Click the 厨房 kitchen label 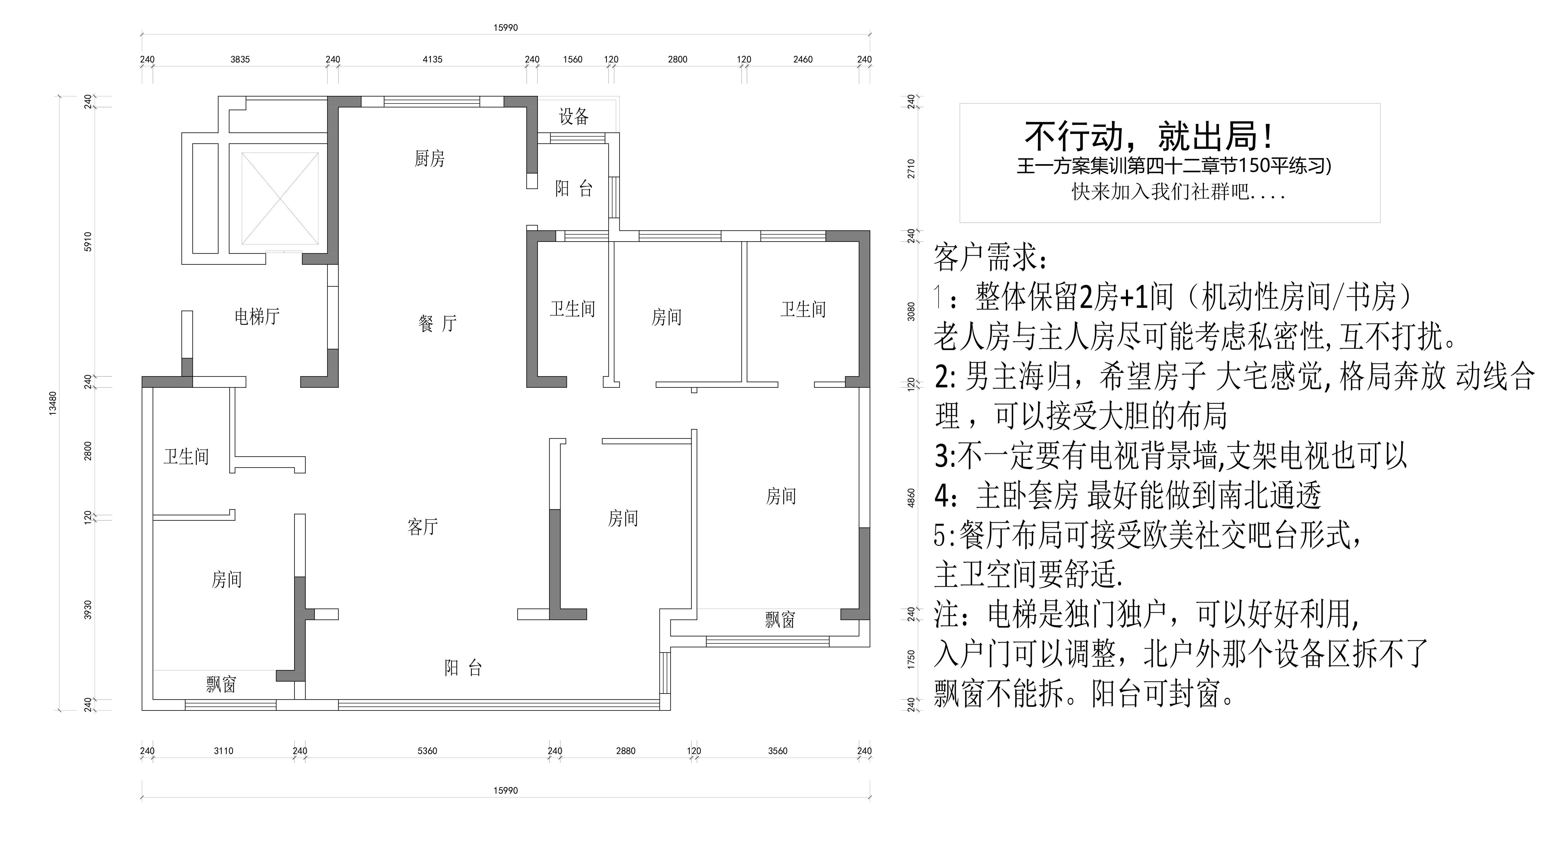tap(430, 159)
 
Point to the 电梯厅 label tap(257, 317)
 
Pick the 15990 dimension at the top tap(505, 28)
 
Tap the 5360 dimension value tap(427, 751)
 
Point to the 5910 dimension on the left tap(88, 241)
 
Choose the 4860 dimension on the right tap(911, 498)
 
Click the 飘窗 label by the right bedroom tap(780, 619)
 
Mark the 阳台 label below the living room tap(463, 668)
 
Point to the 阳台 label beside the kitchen tap(573, 189)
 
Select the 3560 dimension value tap(778, 751)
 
